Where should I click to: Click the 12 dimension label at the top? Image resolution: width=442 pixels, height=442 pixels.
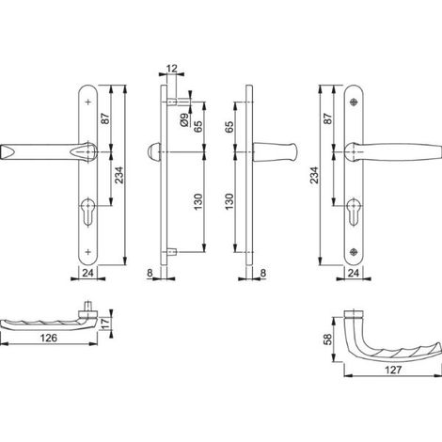click(172, 69)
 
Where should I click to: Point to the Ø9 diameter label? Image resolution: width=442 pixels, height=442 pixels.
click(184, 119)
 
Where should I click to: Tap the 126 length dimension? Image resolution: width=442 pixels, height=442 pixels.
click(49, 338)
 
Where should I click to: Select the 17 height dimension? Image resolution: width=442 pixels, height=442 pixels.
click(106, 324)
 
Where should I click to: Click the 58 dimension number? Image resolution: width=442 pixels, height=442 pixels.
click(327, 339)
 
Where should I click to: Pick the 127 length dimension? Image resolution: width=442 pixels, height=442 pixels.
click(393, 370)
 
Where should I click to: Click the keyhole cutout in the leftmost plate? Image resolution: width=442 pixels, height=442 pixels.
click(87, 211)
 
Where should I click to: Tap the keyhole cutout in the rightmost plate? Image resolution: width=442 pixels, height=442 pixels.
click(354, 212)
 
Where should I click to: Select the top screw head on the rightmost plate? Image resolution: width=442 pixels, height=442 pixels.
click(355, 102)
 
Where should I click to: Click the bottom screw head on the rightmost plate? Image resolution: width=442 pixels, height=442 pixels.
click(354, 251)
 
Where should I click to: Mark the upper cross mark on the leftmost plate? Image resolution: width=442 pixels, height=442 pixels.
click(88, 102)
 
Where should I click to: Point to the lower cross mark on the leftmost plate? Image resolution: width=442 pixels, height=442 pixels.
click(88, 252)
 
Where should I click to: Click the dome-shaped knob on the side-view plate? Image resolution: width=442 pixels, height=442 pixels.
click(154, 152)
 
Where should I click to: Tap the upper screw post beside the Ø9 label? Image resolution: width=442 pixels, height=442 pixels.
click(172, 102)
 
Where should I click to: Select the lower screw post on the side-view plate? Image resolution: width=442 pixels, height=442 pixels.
click(172, 252)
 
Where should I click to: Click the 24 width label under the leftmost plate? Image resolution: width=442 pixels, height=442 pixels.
click(87, 273)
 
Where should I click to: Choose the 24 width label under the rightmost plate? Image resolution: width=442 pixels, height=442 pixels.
click(354, 273)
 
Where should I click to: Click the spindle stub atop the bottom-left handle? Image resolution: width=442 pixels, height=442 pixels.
click(88, 306)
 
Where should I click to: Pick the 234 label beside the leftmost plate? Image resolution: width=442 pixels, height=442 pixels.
click(119, 175)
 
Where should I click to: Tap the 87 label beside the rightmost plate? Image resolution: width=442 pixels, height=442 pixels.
click(328, 118)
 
